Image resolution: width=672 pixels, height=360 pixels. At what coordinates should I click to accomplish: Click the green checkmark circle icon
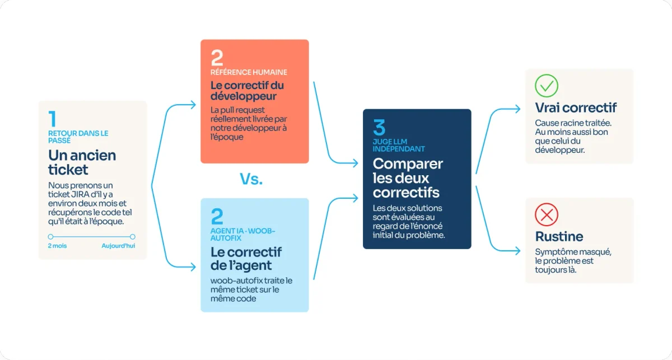click(x=547, y=86)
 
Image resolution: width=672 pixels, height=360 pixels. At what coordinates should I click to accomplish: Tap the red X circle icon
click(x=547, y=214)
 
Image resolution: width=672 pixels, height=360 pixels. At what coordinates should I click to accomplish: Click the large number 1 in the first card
click(x=53, y=119)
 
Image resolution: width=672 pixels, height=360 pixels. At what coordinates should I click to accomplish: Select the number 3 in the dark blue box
click(x=379, y=127)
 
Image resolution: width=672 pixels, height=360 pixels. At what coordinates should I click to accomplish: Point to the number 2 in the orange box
click(x=217, y=58)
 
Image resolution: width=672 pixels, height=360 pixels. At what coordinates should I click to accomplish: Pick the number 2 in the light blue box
click(x=217, y=216)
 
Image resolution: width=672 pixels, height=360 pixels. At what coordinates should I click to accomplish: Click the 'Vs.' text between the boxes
click(x=251, y=179)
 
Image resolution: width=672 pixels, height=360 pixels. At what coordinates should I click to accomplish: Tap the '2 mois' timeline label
click(x=57, y=246)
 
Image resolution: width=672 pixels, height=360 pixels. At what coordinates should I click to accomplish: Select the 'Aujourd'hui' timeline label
click(x=118, y=246)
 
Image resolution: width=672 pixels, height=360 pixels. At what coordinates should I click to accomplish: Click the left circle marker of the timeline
click(x=51, y=237)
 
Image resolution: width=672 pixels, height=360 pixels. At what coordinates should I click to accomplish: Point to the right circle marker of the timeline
click(x=132, y=237)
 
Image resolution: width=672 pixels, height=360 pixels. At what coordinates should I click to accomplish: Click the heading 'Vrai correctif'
click(x=576, y=107)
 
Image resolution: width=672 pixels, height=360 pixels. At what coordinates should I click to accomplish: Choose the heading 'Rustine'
click(x=559, y=236)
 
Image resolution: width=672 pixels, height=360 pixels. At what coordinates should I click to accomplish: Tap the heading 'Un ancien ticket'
click(x=82, y=162)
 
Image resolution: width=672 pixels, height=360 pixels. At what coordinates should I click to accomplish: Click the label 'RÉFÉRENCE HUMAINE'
click(x=249, y=72)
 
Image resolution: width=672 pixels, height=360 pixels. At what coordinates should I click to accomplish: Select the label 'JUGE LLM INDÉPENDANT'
click(x=399, y=145)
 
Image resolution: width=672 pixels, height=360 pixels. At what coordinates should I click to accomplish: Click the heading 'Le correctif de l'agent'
click(x=246, y=259)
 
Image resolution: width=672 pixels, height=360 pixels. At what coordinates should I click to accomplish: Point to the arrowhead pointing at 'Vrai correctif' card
click(x=518, y=109)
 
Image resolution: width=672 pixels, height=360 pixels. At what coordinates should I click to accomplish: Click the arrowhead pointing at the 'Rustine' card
click(x=518, y=250)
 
